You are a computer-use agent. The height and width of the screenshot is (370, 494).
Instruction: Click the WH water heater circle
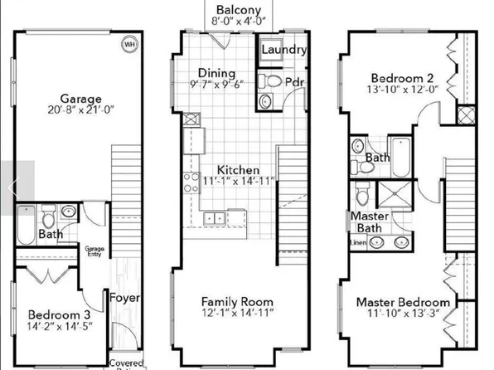(x=129, y=44)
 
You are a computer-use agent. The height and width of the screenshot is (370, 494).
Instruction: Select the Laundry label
(x=284, y=50)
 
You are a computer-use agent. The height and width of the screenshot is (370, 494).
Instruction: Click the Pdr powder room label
(x=294, y=82)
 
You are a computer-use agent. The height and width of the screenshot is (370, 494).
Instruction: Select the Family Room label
(x=238, y=300)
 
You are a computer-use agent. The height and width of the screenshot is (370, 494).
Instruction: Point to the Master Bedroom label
(x=404, y=302)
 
